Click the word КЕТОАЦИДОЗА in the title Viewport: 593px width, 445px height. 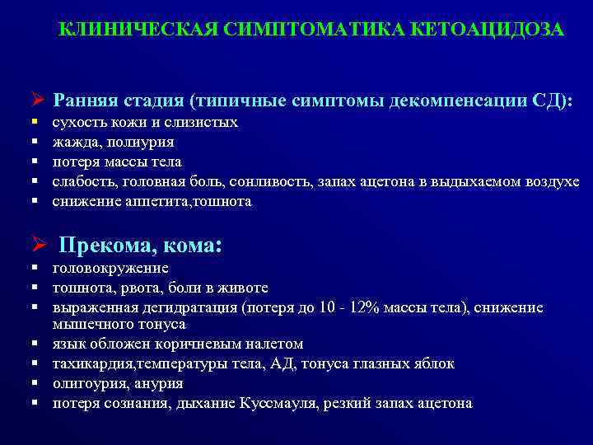click(x=491, y=30)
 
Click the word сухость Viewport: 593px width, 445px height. click(x=76, y=123)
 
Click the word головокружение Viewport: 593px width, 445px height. click(x=110, y=268)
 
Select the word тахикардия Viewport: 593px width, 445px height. click(x=95, y=363)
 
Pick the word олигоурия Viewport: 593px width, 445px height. click(x=85, y=383)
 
